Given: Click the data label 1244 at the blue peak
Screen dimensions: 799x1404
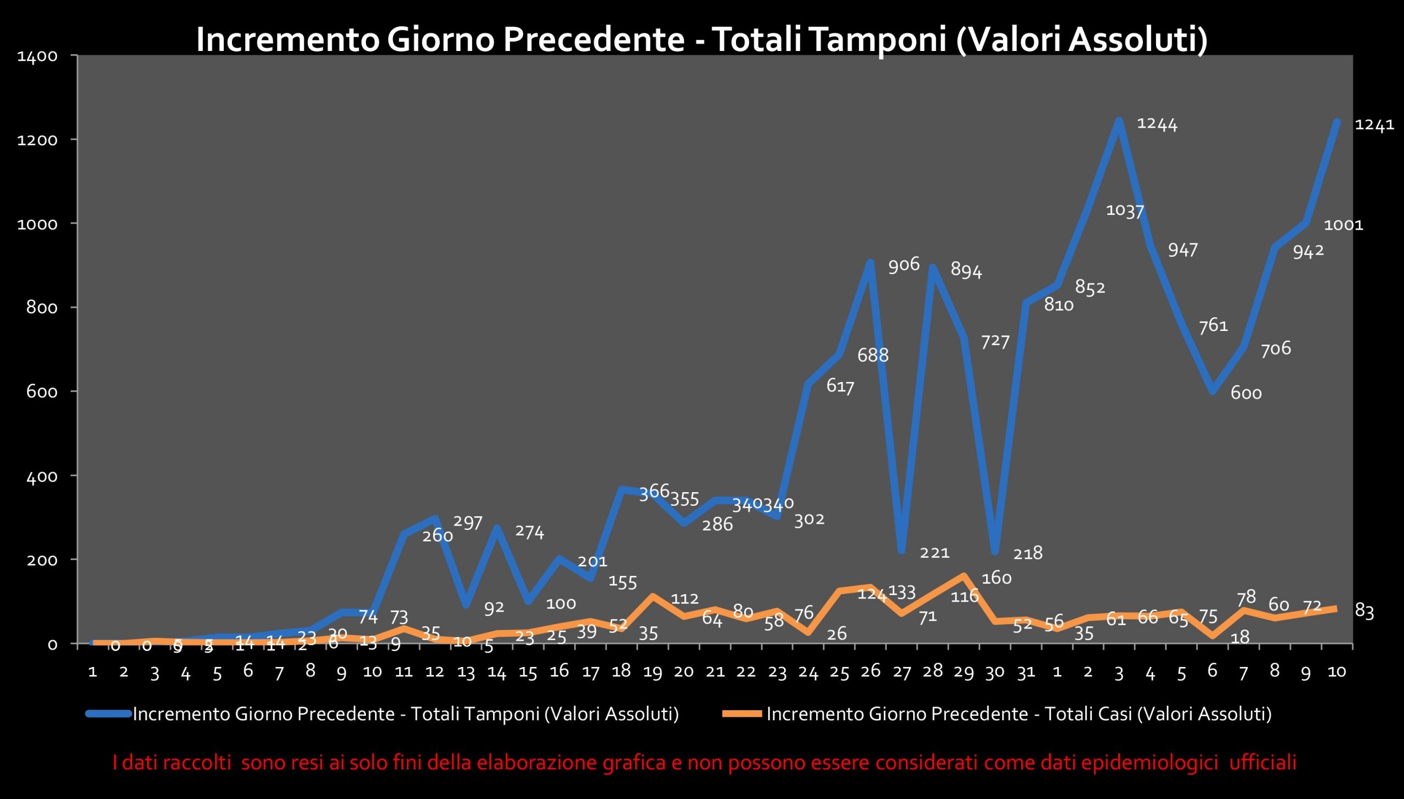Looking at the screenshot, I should coord(1156,124).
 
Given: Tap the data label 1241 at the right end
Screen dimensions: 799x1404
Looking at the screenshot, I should coord(1374,125).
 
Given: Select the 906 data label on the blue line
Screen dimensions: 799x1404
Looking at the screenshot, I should coord(904,265).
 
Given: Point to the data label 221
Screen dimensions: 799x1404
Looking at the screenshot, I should coord(935,552).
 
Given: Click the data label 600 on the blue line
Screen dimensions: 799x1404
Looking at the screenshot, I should coord(1246,393).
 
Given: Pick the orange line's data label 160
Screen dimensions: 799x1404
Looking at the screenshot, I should coord(996,578).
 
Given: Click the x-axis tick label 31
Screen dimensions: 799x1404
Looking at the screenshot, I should coord(1026,672).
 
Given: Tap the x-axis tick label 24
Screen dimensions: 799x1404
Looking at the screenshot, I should coord(808,672).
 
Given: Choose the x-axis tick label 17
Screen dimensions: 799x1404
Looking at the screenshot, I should coord(590,672).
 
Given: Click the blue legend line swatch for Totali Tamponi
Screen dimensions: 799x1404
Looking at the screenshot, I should coord(108,714).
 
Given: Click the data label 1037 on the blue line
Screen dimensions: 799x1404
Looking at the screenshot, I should coord(1124,210).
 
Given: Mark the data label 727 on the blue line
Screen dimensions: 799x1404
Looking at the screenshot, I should coord(995,341).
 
